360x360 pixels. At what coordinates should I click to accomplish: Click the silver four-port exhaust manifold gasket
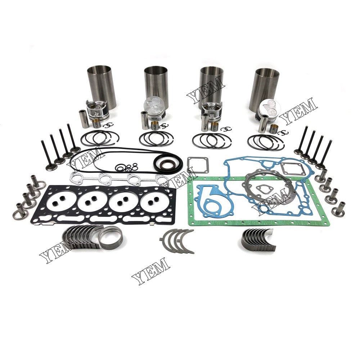[115, 177]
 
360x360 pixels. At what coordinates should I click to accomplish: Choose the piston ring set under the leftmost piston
[100, 138]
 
